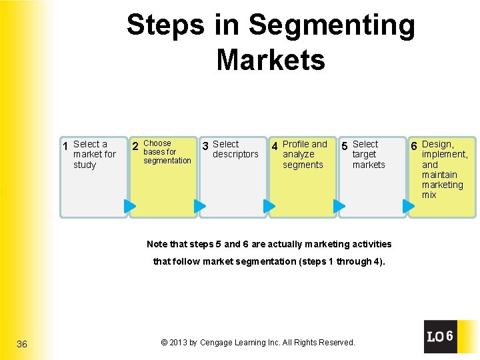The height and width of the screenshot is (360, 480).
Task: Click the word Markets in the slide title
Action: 271,59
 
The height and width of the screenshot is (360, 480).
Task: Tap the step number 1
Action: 65,146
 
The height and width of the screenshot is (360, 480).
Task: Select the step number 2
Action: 135,146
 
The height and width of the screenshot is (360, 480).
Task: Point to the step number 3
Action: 205,146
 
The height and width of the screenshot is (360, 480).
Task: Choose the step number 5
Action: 344,146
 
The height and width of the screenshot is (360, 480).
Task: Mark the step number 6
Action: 414,146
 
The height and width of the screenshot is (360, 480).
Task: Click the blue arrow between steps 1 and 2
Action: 131,206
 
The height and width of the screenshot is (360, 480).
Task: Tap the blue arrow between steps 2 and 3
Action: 200,206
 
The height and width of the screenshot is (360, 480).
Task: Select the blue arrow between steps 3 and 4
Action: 269,206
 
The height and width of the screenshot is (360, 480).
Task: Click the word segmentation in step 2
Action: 167,161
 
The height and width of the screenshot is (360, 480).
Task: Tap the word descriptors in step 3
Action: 235,155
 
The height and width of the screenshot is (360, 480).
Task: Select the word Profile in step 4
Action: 297,144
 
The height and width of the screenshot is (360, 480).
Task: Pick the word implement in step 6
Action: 445,155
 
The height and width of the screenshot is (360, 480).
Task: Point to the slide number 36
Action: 22,344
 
